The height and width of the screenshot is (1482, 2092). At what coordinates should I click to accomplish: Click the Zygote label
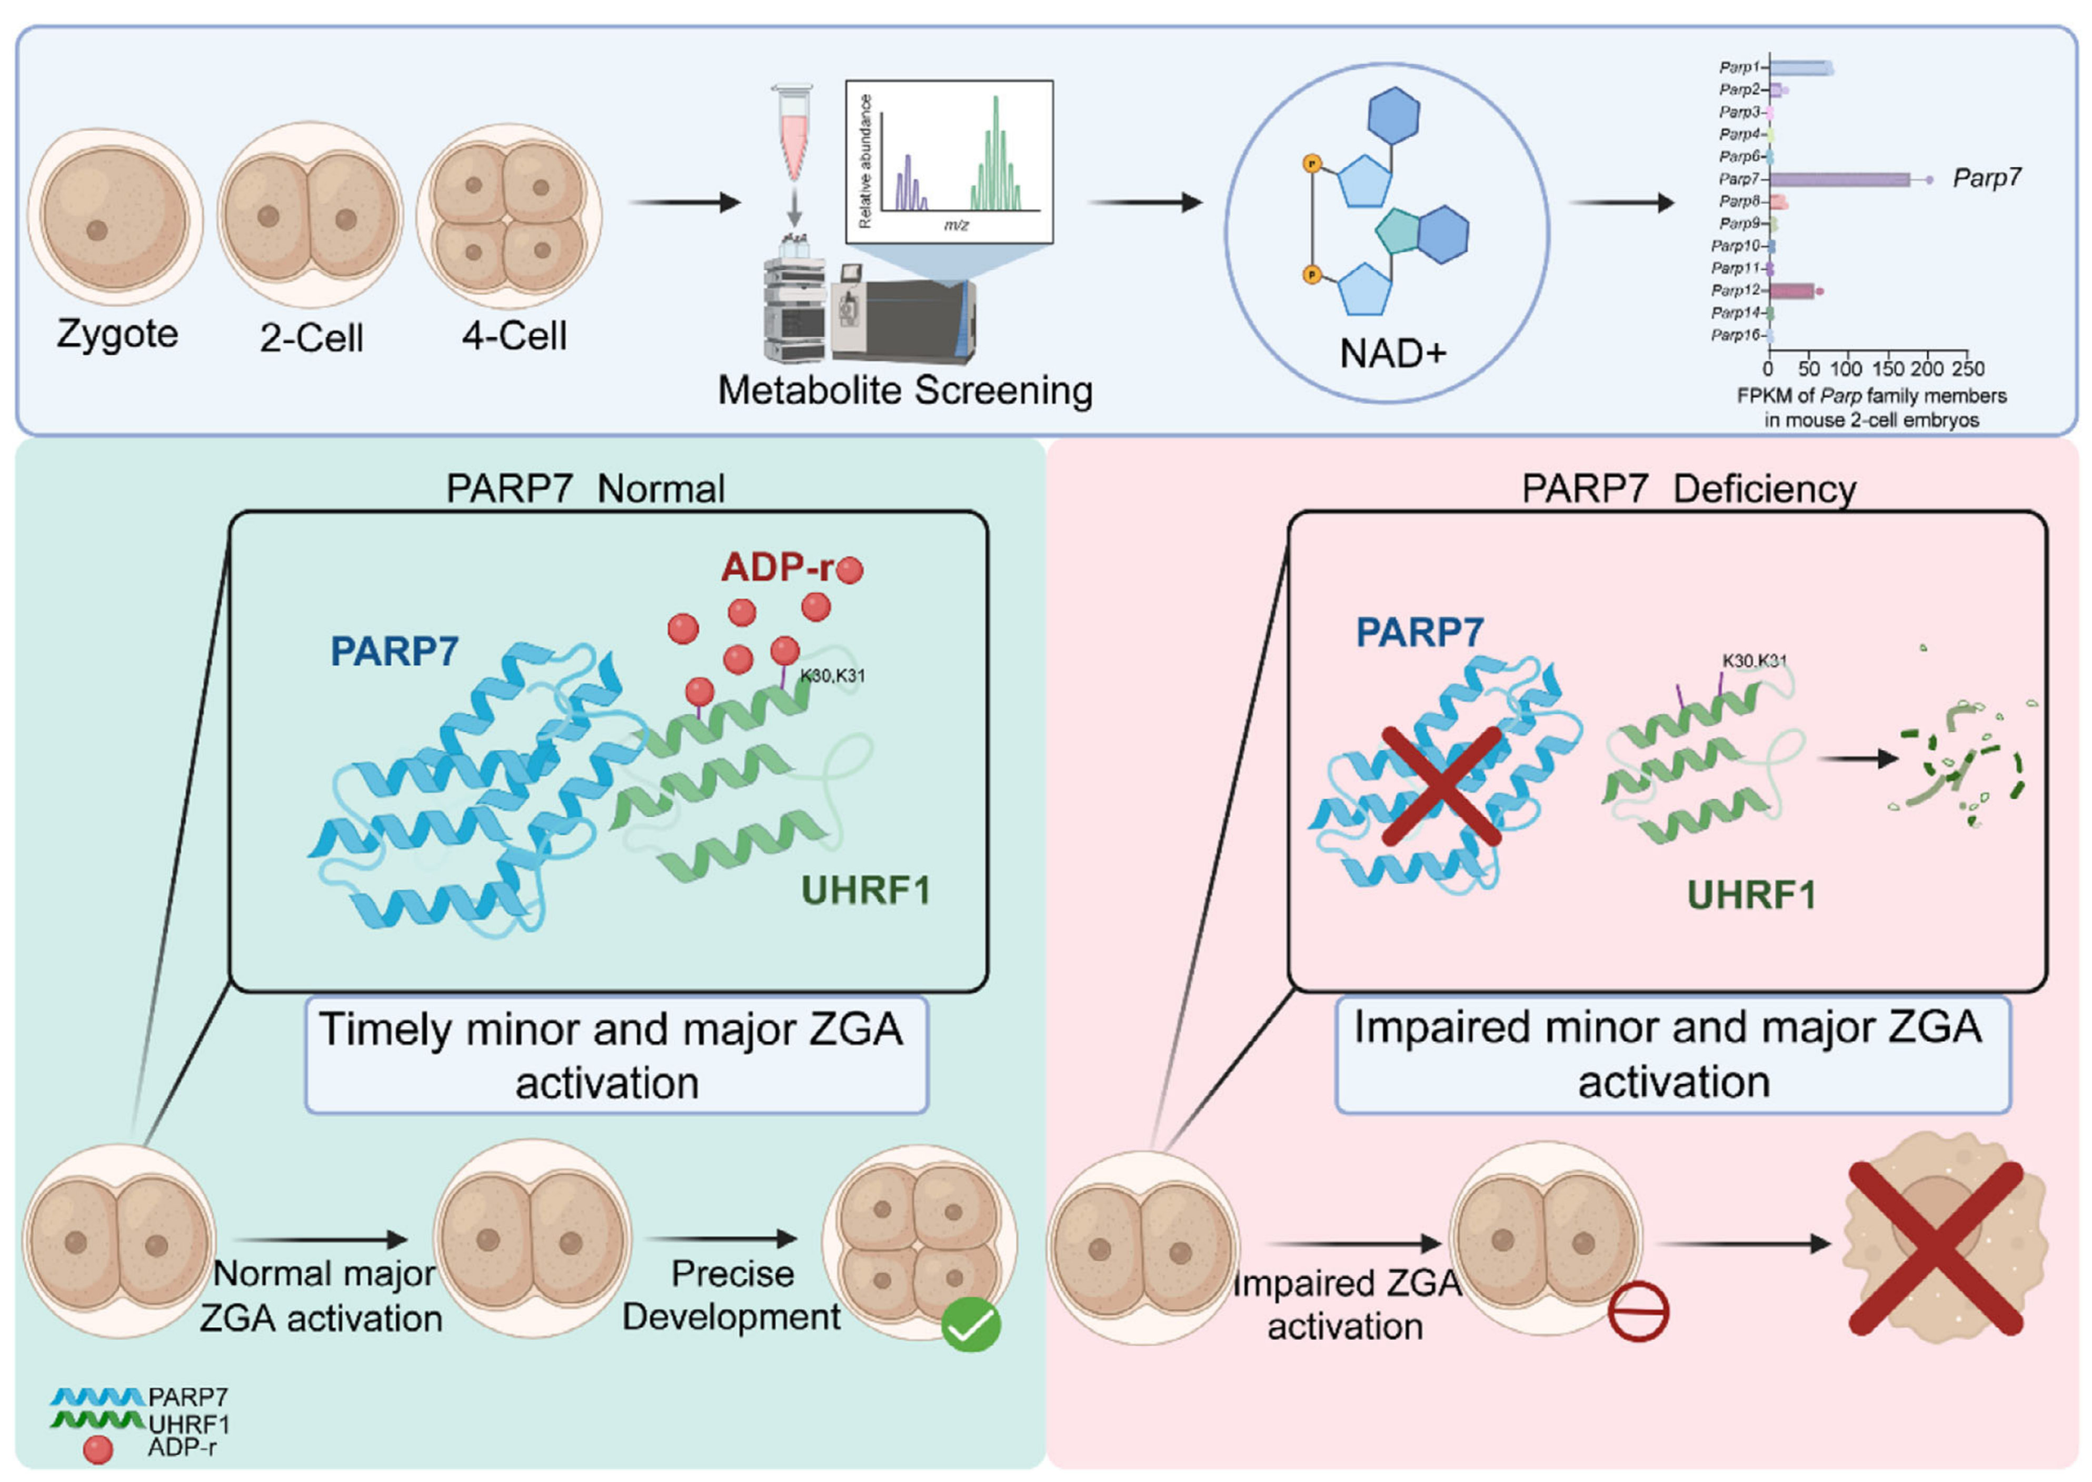(118, 335)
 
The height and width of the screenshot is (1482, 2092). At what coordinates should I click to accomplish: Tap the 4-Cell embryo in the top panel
(509, 217)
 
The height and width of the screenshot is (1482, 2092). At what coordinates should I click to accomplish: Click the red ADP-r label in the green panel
(778, 568)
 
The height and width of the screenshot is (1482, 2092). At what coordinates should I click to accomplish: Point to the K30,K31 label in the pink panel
(1754, 660)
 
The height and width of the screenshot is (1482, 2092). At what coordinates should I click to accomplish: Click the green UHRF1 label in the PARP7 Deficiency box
(1751, 895)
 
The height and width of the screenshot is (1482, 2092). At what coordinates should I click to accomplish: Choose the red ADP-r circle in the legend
(98, 1450)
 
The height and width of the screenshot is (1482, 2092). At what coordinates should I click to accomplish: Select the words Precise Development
(732, 1296)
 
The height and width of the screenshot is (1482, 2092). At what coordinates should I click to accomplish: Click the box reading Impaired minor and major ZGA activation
(1673, 1055)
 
